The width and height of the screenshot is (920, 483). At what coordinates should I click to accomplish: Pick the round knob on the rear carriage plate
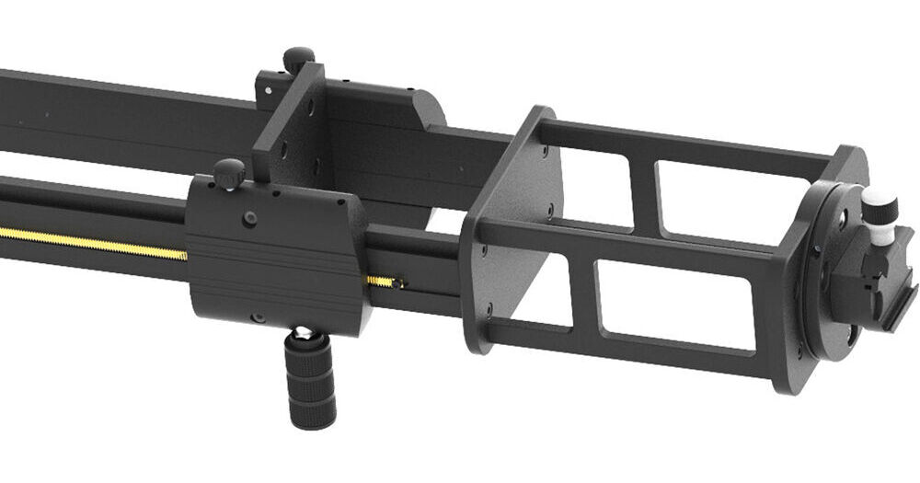pyautogui.click(x=298, y=60)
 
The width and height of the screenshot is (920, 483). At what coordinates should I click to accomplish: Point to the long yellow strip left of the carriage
pyautogui.click(x=92, y=242)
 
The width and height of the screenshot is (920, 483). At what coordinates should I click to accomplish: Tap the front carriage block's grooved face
pyautogui.click(x=276, y=276)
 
